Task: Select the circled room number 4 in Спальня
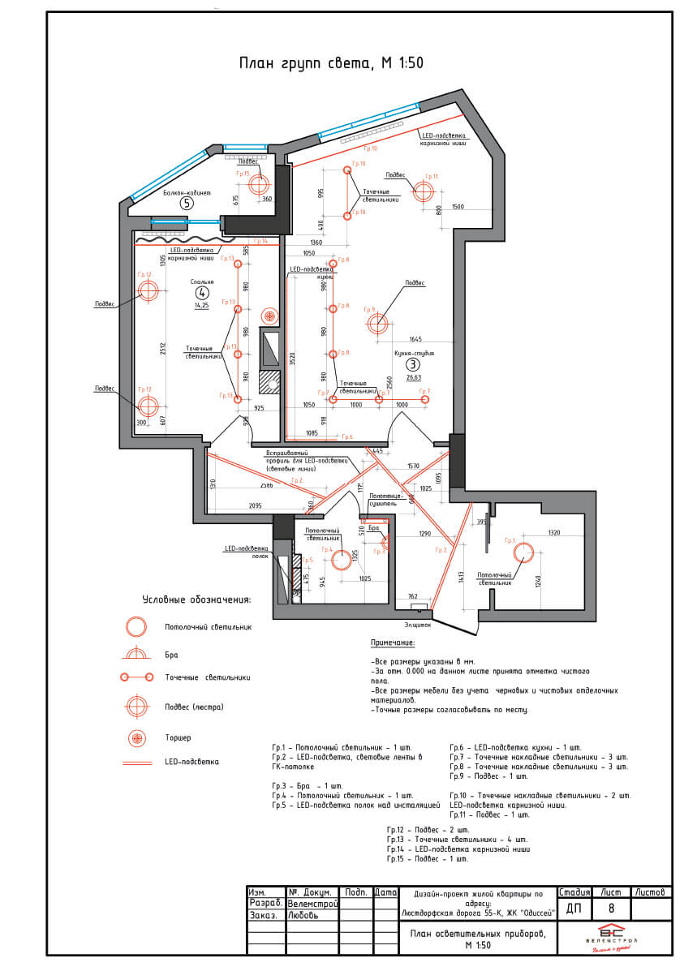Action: (x=202, y=293)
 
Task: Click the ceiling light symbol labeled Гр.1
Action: (x=523, y=553)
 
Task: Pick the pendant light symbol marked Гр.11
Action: (x=424, y=192)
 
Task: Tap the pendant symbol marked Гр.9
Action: (x=377, y=324)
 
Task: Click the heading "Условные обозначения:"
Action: (x=196, y=600)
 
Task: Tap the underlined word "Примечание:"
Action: (x=393, y=643)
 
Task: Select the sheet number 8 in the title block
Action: (x=611, y=909)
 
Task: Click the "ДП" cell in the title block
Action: (x=574, y=909)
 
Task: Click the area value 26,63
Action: (x=414, y=377)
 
